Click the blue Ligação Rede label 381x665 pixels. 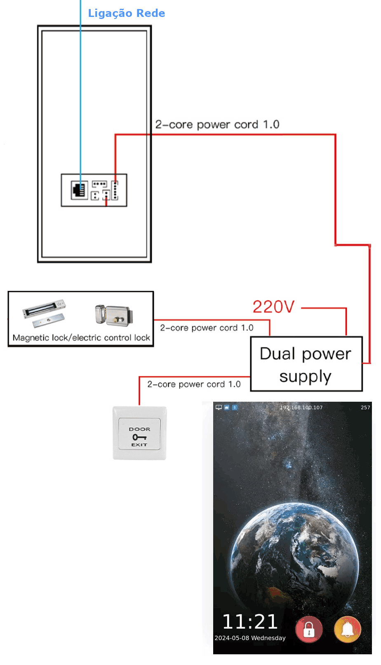126,13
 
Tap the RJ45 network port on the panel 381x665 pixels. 79,190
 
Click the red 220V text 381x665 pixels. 273,307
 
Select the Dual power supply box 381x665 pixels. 306,364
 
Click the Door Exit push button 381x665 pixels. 139,433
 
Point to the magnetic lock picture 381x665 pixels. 44,313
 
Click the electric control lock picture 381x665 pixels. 113,315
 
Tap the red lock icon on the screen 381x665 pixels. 309,629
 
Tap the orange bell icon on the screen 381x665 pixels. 348,629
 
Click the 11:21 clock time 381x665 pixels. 250,622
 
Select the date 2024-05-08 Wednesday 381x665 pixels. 250,638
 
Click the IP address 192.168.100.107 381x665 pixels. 301,407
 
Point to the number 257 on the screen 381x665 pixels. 365,407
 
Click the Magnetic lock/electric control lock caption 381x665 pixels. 81,338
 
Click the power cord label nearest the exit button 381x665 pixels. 194,384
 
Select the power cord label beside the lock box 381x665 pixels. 207,328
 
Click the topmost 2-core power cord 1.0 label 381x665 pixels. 217,124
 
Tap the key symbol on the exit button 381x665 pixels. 139,437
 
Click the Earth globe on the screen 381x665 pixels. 295,558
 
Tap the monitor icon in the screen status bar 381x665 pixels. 219,407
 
